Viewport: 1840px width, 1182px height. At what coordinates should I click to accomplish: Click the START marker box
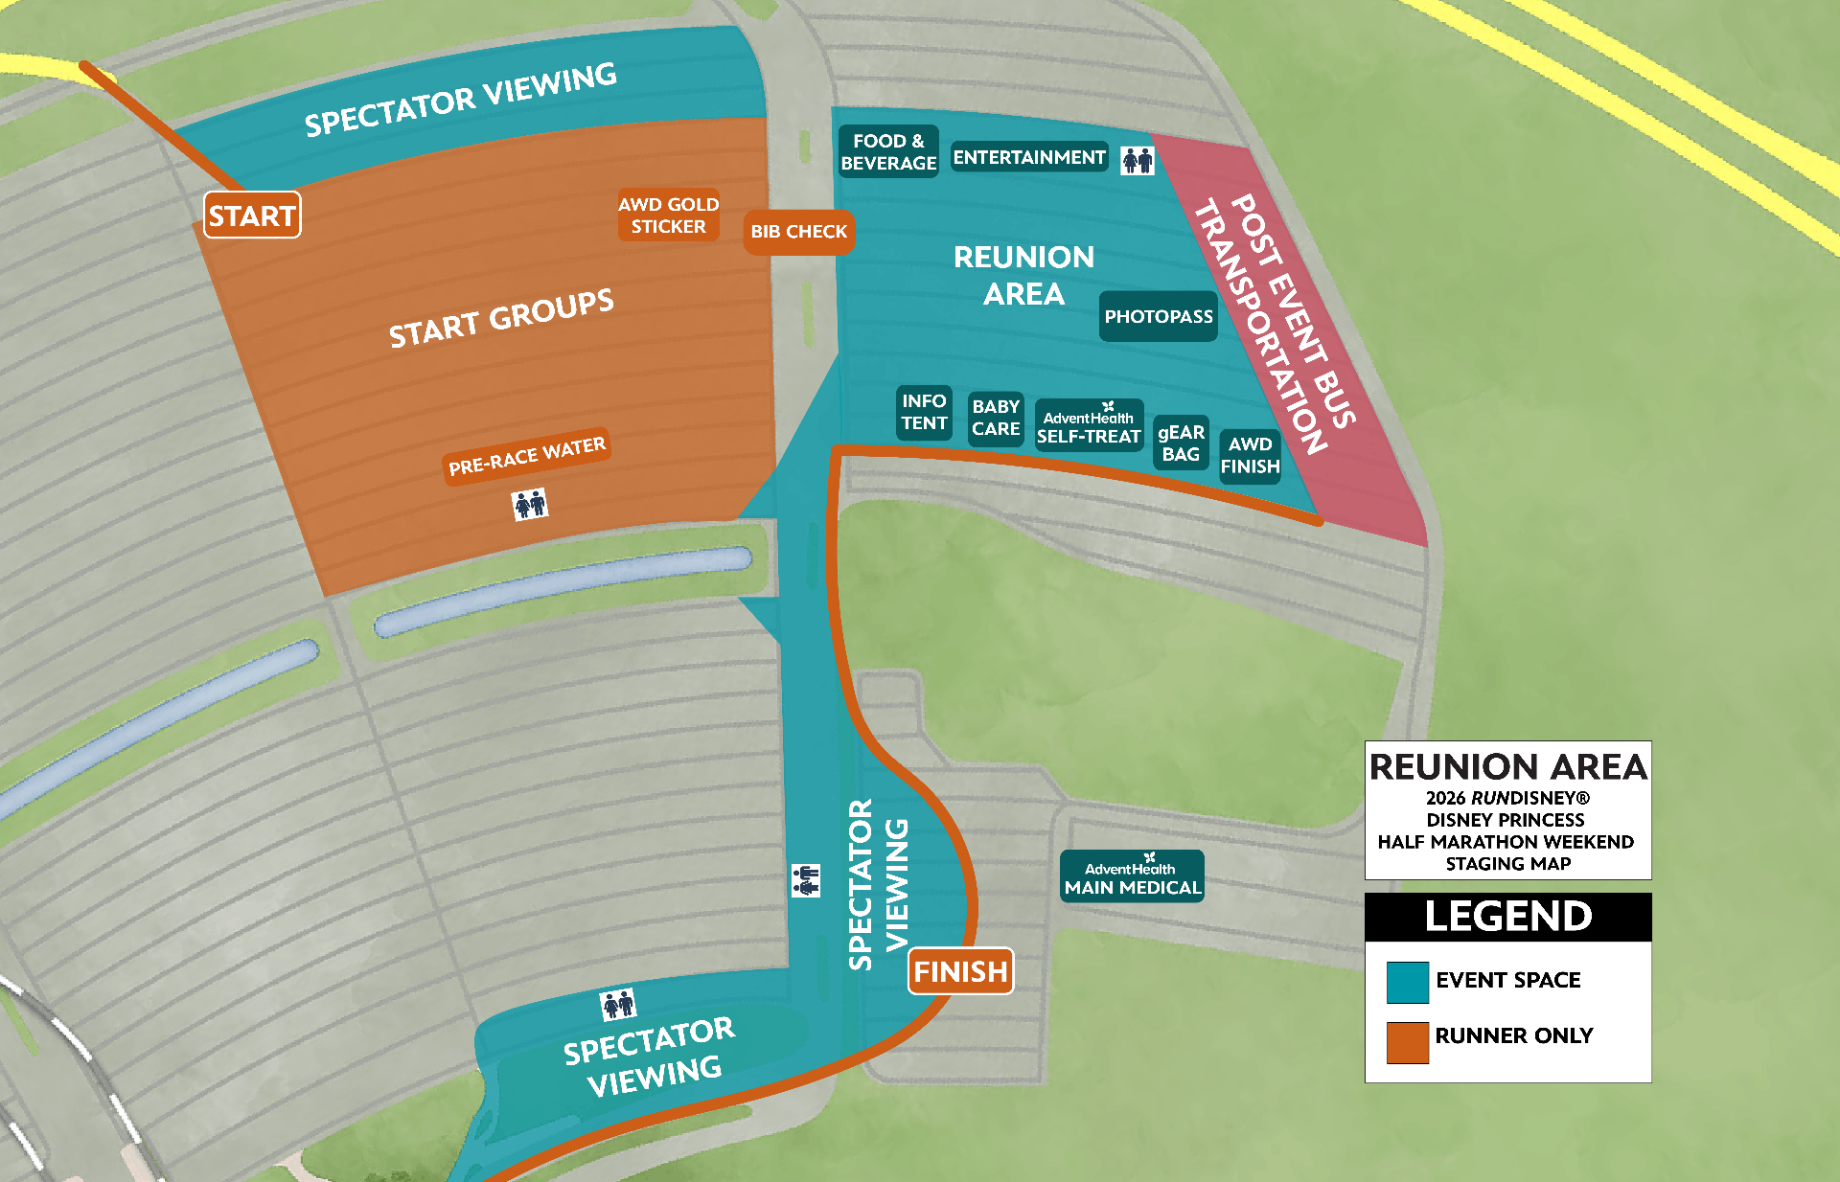click(x=252, y=216)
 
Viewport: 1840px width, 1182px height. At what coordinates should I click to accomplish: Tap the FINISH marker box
click(x=960, y=971)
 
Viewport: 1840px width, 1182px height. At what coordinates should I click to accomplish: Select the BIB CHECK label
click(x=798, y=232)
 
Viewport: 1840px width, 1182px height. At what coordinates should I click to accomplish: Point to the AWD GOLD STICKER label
click(x=668, y=216)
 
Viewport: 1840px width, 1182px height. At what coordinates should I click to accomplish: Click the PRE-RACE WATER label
click(x=526, y=456)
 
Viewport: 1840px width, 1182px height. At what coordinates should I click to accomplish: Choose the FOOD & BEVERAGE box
click(x=888, y=152)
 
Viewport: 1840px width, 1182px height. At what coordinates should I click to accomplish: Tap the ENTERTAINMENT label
click(x=1029, y=157)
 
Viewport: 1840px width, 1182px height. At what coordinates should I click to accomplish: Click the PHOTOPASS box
click(x=1158, y=316)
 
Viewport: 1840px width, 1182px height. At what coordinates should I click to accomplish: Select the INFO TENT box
click(x=924, y=412)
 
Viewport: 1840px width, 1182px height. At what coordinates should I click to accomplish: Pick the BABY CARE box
click(x=996, y=418)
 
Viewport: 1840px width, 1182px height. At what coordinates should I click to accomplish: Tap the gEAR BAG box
click(x=1181, y=443)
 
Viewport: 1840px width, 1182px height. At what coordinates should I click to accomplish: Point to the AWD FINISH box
click(x=1250, y=456)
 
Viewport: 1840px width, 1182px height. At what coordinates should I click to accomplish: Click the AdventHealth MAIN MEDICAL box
click(x=1132, y=876)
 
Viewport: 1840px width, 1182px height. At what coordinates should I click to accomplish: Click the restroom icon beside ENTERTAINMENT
click(x=1138, y=160)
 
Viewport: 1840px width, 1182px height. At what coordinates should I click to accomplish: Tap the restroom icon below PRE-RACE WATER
click(x=529, y=503)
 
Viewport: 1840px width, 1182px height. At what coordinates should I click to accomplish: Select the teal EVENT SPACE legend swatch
click(x=1407, y=982)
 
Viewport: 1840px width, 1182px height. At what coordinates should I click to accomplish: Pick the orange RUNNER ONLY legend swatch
click(x=1407, y=1041)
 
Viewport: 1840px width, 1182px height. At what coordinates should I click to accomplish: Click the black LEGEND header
click(x=1507, y=917)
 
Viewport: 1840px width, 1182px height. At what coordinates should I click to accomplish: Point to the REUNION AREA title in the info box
click(x=1507, y=767)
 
